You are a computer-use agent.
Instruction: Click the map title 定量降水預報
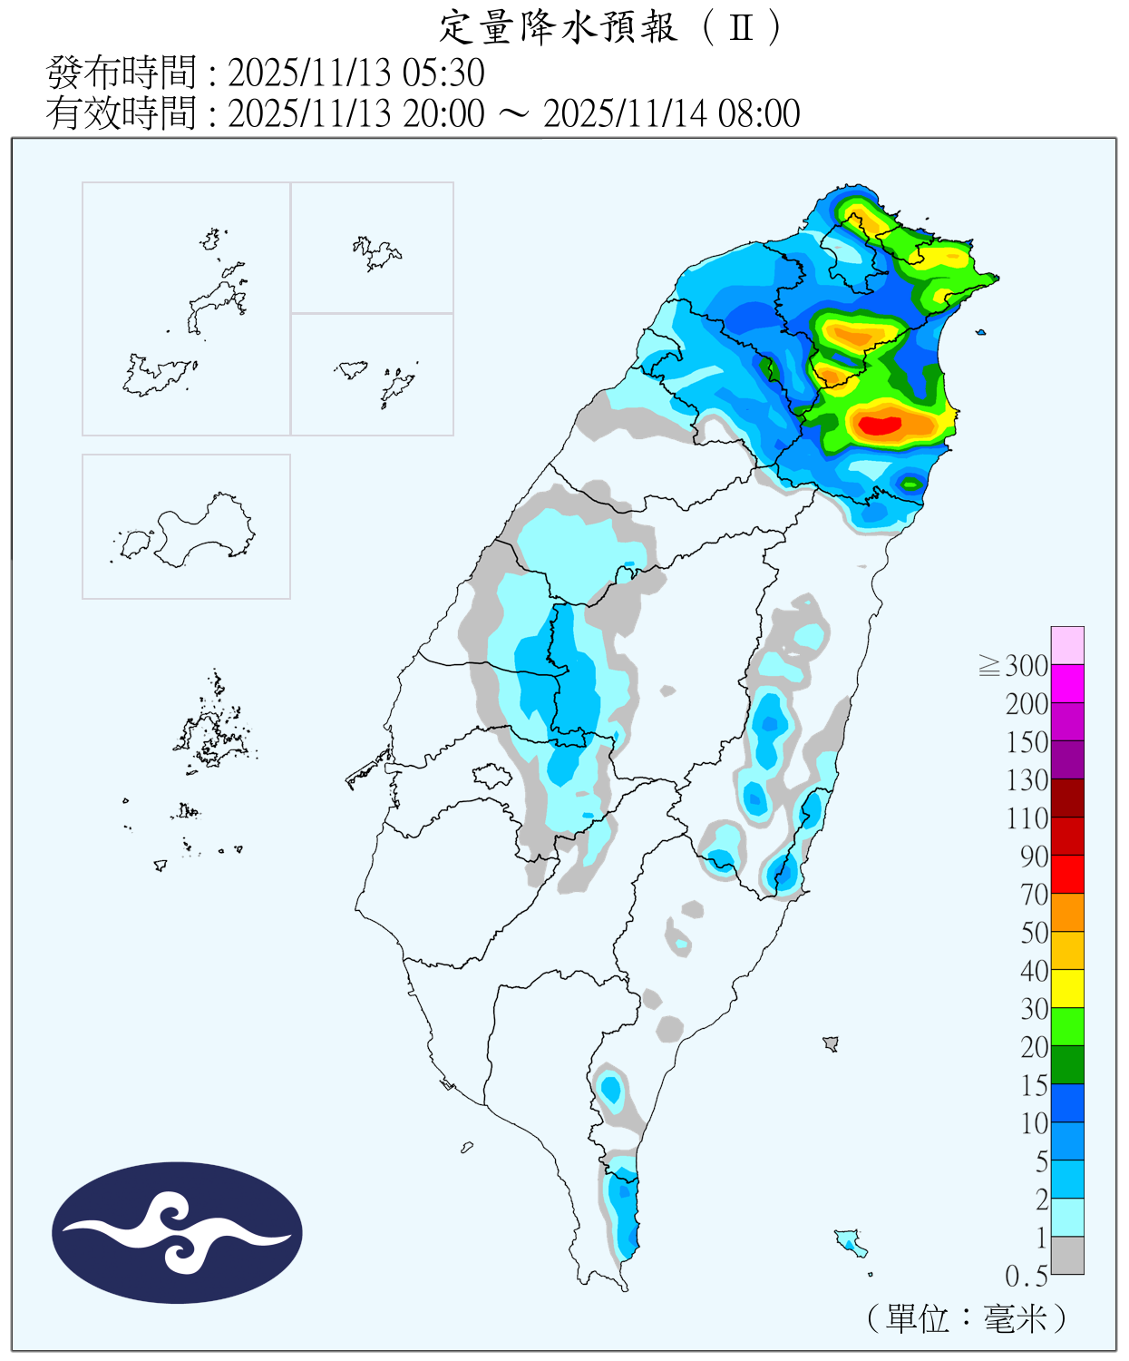pyautogui.click(x=559, y=27)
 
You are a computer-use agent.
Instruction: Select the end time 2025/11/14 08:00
pyautogui.click(x=671, y=114)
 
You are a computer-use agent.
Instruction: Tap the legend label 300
pyautogui.click(x=1027, y=666)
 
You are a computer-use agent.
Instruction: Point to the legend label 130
pyautogui.click(x=1027, y=780)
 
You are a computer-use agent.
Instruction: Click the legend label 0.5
pyautogui.click(x=1027, y=1277)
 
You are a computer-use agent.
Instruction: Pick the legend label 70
pyautogui.click(x=1034, y=895)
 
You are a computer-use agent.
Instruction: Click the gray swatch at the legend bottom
pyautogui.click(x=1067, y=1255)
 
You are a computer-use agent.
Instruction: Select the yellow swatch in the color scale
pyautogui.click(x=1067, y=988)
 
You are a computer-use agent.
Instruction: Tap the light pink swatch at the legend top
pyautogui.click(x=1067, y=645)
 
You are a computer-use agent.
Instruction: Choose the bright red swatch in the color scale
pyautogui.click(x=1067, y=874)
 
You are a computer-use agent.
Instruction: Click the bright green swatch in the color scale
pyautogui.click(x=1067, y=1026)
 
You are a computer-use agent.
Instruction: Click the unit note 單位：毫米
pyautogui.click(x=967, y=1318)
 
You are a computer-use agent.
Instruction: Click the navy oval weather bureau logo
pyautogui.click(x=177, y=1232)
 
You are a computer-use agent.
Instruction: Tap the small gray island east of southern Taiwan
pyautogui.click(x=830, y=1043)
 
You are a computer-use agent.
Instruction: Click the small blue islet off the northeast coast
pyautogui.click(x=980, y=332)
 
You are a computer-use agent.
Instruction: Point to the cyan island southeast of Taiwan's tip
pyautogui.click(x=851, y=1240)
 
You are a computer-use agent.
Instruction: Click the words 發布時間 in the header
pyautogui.click(x=122, y=73)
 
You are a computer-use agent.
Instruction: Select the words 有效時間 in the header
pyautogui.click(x=122, y=114)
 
